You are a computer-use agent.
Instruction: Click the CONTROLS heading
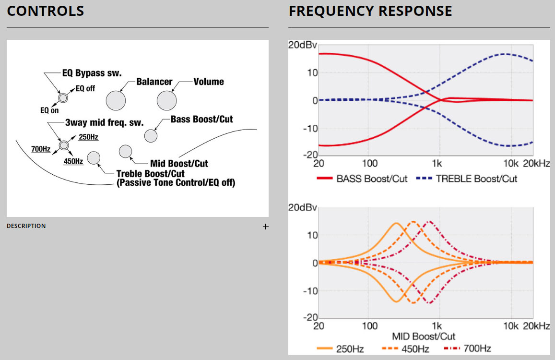pos(45,11)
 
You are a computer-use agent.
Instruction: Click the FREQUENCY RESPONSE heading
pos(370,11)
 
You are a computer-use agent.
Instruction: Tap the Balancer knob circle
pos(116,101)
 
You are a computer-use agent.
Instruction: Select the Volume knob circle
pos(166,101)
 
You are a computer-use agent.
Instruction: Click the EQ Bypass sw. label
pos(92,73)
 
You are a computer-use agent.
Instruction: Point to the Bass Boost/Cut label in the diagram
pos(201,119)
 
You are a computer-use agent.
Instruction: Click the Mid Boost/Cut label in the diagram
pos(179,164)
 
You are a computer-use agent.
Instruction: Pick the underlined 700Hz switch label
pos(41,149)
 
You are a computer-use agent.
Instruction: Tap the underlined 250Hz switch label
pos(88,137)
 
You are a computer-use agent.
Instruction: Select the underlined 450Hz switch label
pos(73,161)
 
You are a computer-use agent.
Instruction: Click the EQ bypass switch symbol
pos(62,97)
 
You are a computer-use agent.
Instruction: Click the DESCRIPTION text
pos(26,226)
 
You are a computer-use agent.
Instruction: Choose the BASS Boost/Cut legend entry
pos(362,179)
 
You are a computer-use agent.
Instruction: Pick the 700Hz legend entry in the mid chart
pos(468,348)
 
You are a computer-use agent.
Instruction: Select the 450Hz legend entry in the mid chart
pos(405,348)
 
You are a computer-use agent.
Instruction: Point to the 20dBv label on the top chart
pos(302,45)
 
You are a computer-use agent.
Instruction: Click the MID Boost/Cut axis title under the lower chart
pos(424,336)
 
